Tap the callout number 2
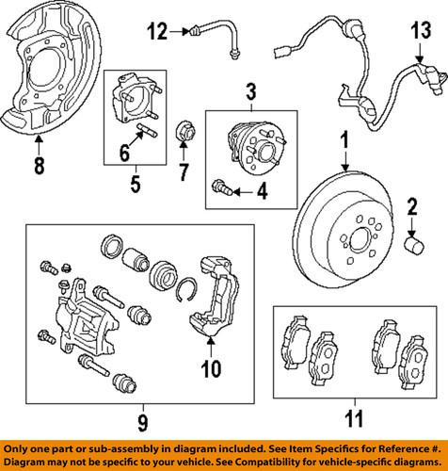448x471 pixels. pos(411,207)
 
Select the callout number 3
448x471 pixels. pos(251,91)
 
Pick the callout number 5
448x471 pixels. pos(135,186)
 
